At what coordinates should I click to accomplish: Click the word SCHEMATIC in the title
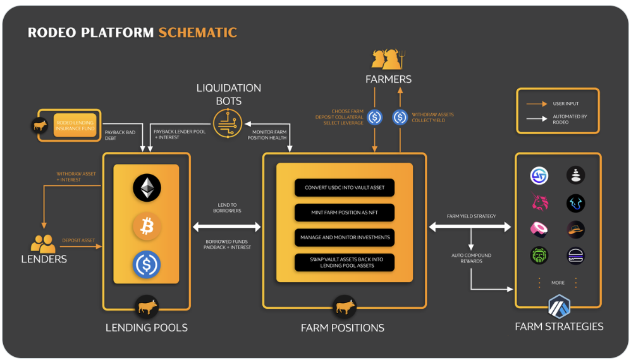click(x=197, y=32)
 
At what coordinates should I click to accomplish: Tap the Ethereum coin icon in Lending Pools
click(x=147, y=188)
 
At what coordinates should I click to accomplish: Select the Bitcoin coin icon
click(x=147, y=227)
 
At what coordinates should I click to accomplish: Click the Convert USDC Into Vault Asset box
click(x=345, y=187)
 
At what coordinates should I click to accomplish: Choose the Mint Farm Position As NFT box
click(x=345, y=212)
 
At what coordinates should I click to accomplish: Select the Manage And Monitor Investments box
click(x=345, y=237)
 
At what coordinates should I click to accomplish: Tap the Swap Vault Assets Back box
click(x=345, y=262)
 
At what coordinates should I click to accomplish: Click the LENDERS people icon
click(x=43, y=244)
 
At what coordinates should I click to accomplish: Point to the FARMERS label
click(x=388, y=79)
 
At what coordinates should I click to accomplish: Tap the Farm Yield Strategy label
click(x=471, y=216)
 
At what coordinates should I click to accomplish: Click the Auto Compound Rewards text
click(x=471, y=258)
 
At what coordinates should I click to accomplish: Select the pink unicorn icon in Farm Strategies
click(x=539, y=202)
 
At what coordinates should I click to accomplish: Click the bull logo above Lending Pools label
click(x=147, y=307)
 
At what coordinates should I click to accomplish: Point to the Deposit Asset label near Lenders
click(x=78, y=240)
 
